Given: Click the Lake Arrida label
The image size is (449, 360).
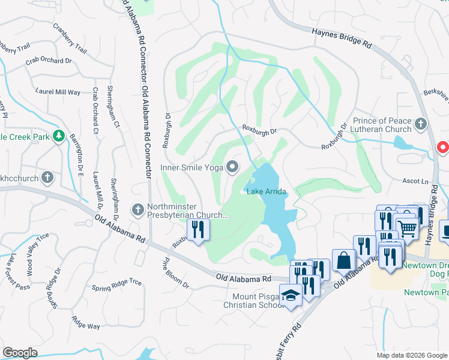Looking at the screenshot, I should click(x=266, y=191).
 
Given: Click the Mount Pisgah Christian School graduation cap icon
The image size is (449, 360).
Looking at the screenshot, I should click(x=291, y=296).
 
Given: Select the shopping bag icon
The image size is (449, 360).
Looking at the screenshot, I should click(x=344, y=260).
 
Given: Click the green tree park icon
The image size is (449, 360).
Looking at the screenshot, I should click(x=58, y=136).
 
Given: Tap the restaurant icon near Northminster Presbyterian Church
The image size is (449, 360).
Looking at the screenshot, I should click(x=197, y=229).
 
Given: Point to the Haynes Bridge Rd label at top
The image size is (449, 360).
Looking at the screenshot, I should click(x=342, y=38).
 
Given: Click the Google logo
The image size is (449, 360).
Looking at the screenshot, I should click(x=20, y=352).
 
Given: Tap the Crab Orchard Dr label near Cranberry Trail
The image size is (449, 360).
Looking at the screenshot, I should click(x=48, y=61).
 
